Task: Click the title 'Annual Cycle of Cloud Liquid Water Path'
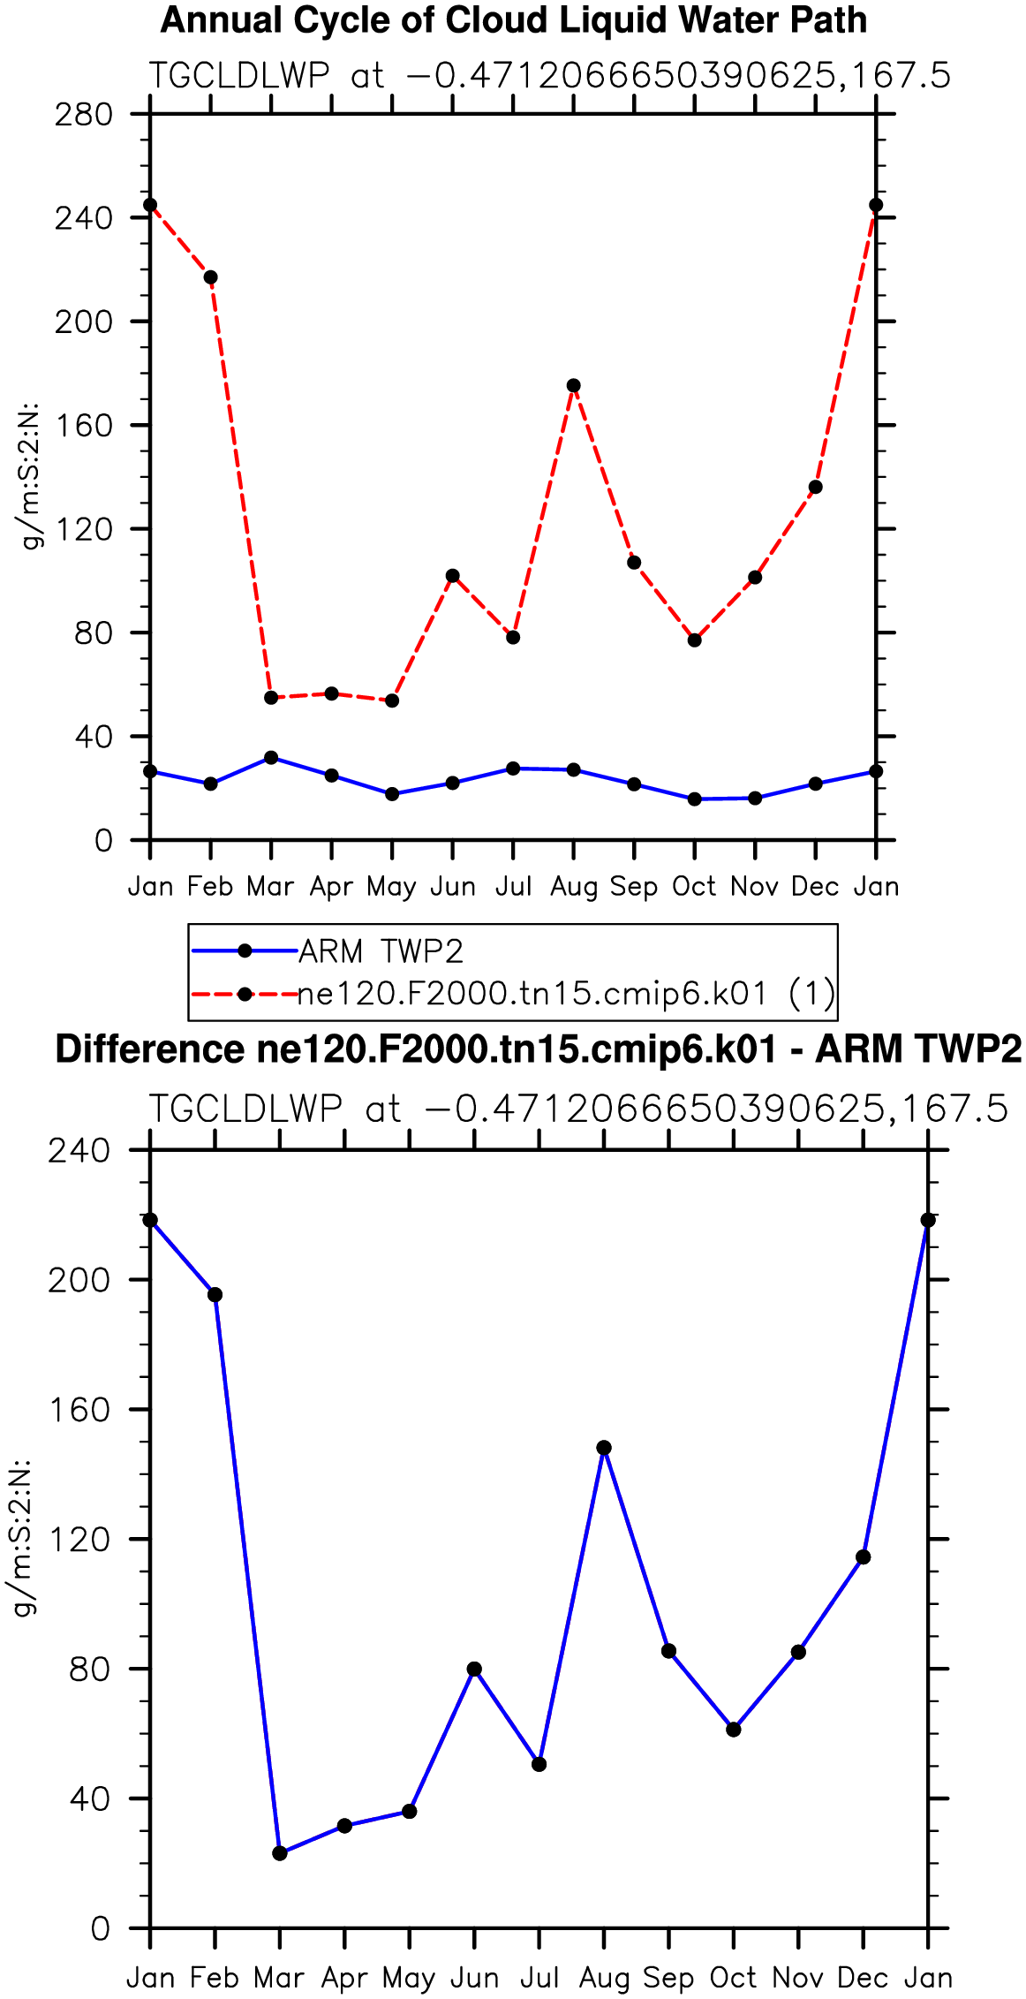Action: point(514,20)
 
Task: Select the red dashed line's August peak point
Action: point(574,385)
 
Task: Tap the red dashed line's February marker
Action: point(210,277)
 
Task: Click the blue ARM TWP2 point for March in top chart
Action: point(271,758)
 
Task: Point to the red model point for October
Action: point(695,640)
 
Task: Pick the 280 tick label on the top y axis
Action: point(84,114)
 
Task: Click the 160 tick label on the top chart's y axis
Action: point(84,425)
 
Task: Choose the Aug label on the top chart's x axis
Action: point(574,887)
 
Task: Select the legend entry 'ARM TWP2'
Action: point(381,951)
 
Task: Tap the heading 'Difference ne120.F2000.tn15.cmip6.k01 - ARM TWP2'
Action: point(539,1049)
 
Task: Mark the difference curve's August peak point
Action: point(604,1448)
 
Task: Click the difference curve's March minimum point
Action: point(280,1853)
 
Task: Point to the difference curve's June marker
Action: point(474,1669)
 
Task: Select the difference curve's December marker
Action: point(864,1556)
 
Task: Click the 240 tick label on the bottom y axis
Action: point(79,1150)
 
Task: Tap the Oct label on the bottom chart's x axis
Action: point(733,1977)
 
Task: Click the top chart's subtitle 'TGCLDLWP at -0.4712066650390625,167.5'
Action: point(549,76)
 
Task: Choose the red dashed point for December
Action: point(816,487)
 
